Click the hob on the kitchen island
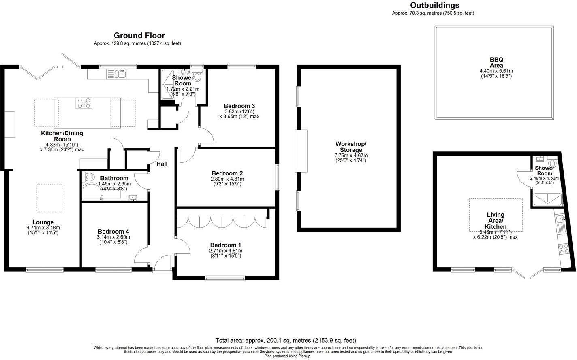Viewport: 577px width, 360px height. tap(83, 104)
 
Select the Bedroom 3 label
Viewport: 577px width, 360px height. tap(239, 106)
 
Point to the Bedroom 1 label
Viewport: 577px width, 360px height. tap(226, 245)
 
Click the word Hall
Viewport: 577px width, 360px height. tap(162, 164)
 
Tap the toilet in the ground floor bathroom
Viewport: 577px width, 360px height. tap(88, 177)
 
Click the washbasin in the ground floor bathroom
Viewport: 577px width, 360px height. tap(133, 198)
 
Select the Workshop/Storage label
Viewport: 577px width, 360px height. tap(350, 147)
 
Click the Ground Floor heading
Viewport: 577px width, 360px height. tap(139, 36)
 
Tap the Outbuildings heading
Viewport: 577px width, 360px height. tap(435, 5)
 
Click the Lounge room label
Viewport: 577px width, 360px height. tap(43, 222)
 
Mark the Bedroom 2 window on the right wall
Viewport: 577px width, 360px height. tap(278, 177)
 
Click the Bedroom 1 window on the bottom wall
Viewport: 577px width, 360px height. tap(224, 278)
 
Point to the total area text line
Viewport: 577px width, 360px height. tap(286, 340)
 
